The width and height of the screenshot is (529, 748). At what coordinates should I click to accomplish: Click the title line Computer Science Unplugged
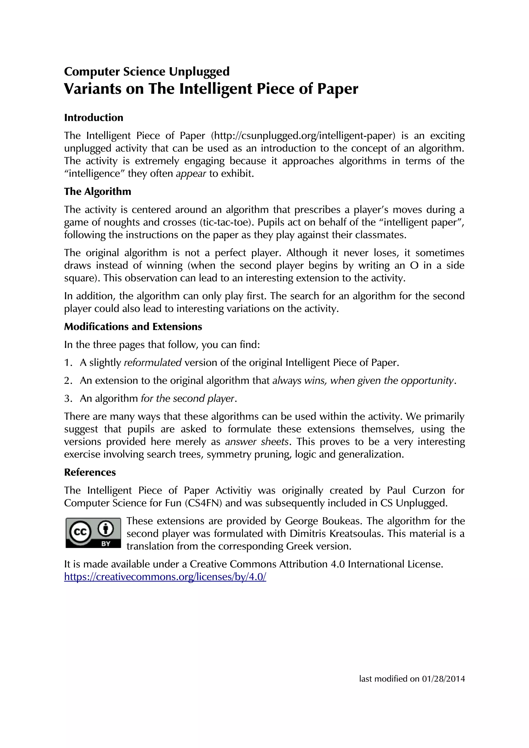point(147,71)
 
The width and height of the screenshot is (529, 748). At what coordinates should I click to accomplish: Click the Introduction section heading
point(94,118)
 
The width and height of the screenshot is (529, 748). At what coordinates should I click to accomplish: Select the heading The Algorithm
point(97,191)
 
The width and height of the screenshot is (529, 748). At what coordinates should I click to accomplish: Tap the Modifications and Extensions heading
point(133,327)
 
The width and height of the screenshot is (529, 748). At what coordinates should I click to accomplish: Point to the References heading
point(90,472)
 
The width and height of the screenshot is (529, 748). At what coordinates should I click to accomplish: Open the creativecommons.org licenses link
point(165,577)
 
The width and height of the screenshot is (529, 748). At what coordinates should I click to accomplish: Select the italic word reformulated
point(153,363)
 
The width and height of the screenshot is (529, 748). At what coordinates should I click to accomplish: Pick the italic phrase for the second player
point(188,399)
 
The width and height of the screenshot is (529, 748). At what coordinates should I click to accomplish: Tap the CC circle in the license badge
point(80,532)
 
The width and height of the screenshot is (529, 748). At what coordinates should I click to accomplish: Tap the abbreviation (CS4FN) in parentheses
point(204,503)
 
